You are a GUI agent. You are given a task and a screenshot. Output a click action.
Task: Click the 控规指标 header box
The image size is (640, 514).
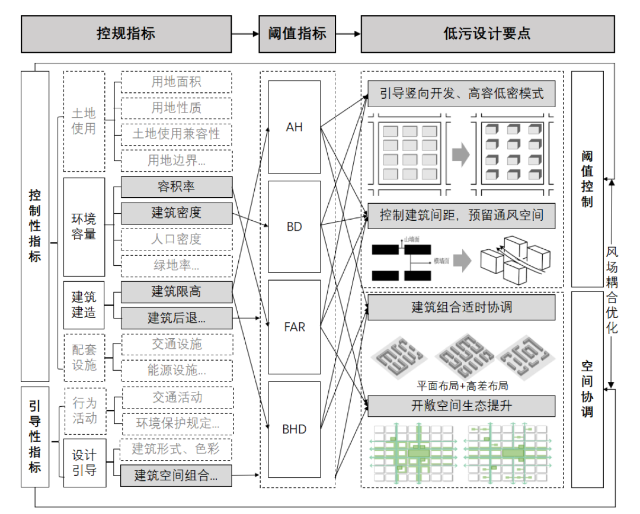click(x=126, y=33)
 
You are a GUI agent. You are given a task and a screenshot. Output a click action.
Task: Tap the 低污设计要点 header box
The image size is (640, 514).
click(x=487, y=33)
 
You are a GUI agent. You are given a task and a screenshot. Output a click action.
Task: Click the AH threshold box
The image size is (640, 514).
click(x=294, y=127)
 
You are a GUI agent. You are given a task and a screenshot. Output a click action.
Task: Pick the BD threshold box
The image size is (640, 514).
click(x=294, y=227)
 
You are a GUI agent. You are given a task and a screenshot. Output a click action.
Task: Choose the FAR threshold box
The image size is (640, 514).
click(x=294, y=327)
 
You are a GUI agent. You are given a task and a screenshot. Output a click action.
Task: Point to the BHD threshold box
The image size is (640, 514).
click(x=294, y=429)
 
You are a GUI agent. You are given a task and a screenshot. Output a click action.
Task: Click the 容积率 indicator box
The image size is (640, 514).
click(x=176, y=187)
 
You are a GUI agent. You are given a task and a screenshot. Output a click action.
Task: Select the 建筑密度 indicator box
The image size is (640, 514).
click(x=176, y=213)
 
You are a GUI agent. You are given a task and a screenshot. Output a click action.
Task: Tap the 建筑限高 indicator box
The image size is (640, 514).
click(x=176, y=291)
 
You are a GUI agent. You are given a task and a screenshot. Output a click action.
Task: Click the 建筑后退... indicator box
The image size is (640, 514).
click(x=176, y=317)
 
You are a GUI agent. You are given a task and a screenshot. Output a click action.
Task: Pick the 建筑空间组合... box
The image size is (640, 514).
click(x=176, y=475)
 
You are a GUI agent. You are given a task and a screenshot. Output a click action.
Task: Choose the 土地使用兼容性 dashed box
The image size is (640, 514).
click(x=176, y=134)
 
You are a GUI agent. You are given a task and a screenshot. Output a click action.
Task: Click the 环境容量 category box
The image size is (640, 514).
click(x=84, y=227)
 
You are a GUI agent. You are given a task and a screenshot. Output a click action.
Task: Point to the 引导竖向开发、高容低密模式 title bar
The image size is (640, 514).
click(x=461, y=94)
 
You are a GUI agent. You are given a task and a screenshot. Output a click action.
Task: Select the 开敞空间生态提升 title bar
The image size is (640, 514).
click(x=461, y=406)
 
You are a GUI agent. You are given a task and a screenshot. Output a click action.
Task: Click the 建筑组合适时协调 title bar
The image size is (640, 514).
click(x=461, y=307)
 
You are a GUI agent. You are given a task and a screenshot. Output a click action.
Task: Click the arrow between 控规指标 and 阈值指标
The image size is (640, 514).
click(x=245, y=34)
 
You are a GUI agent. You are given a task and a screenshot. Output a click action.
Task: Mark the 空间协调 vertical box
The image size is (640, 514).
click(x=587, y=388)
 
